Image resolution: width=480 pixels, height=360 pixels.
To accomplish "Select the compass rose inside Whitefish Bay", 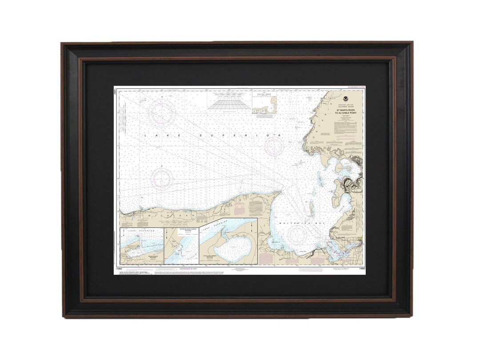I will (298, 234).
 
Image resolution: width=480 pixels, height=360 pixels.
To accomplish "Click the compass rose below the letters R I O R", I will (274, 147).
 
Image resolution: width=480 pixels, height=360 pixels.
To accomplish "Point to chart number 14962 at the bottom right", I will (361, 268).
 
